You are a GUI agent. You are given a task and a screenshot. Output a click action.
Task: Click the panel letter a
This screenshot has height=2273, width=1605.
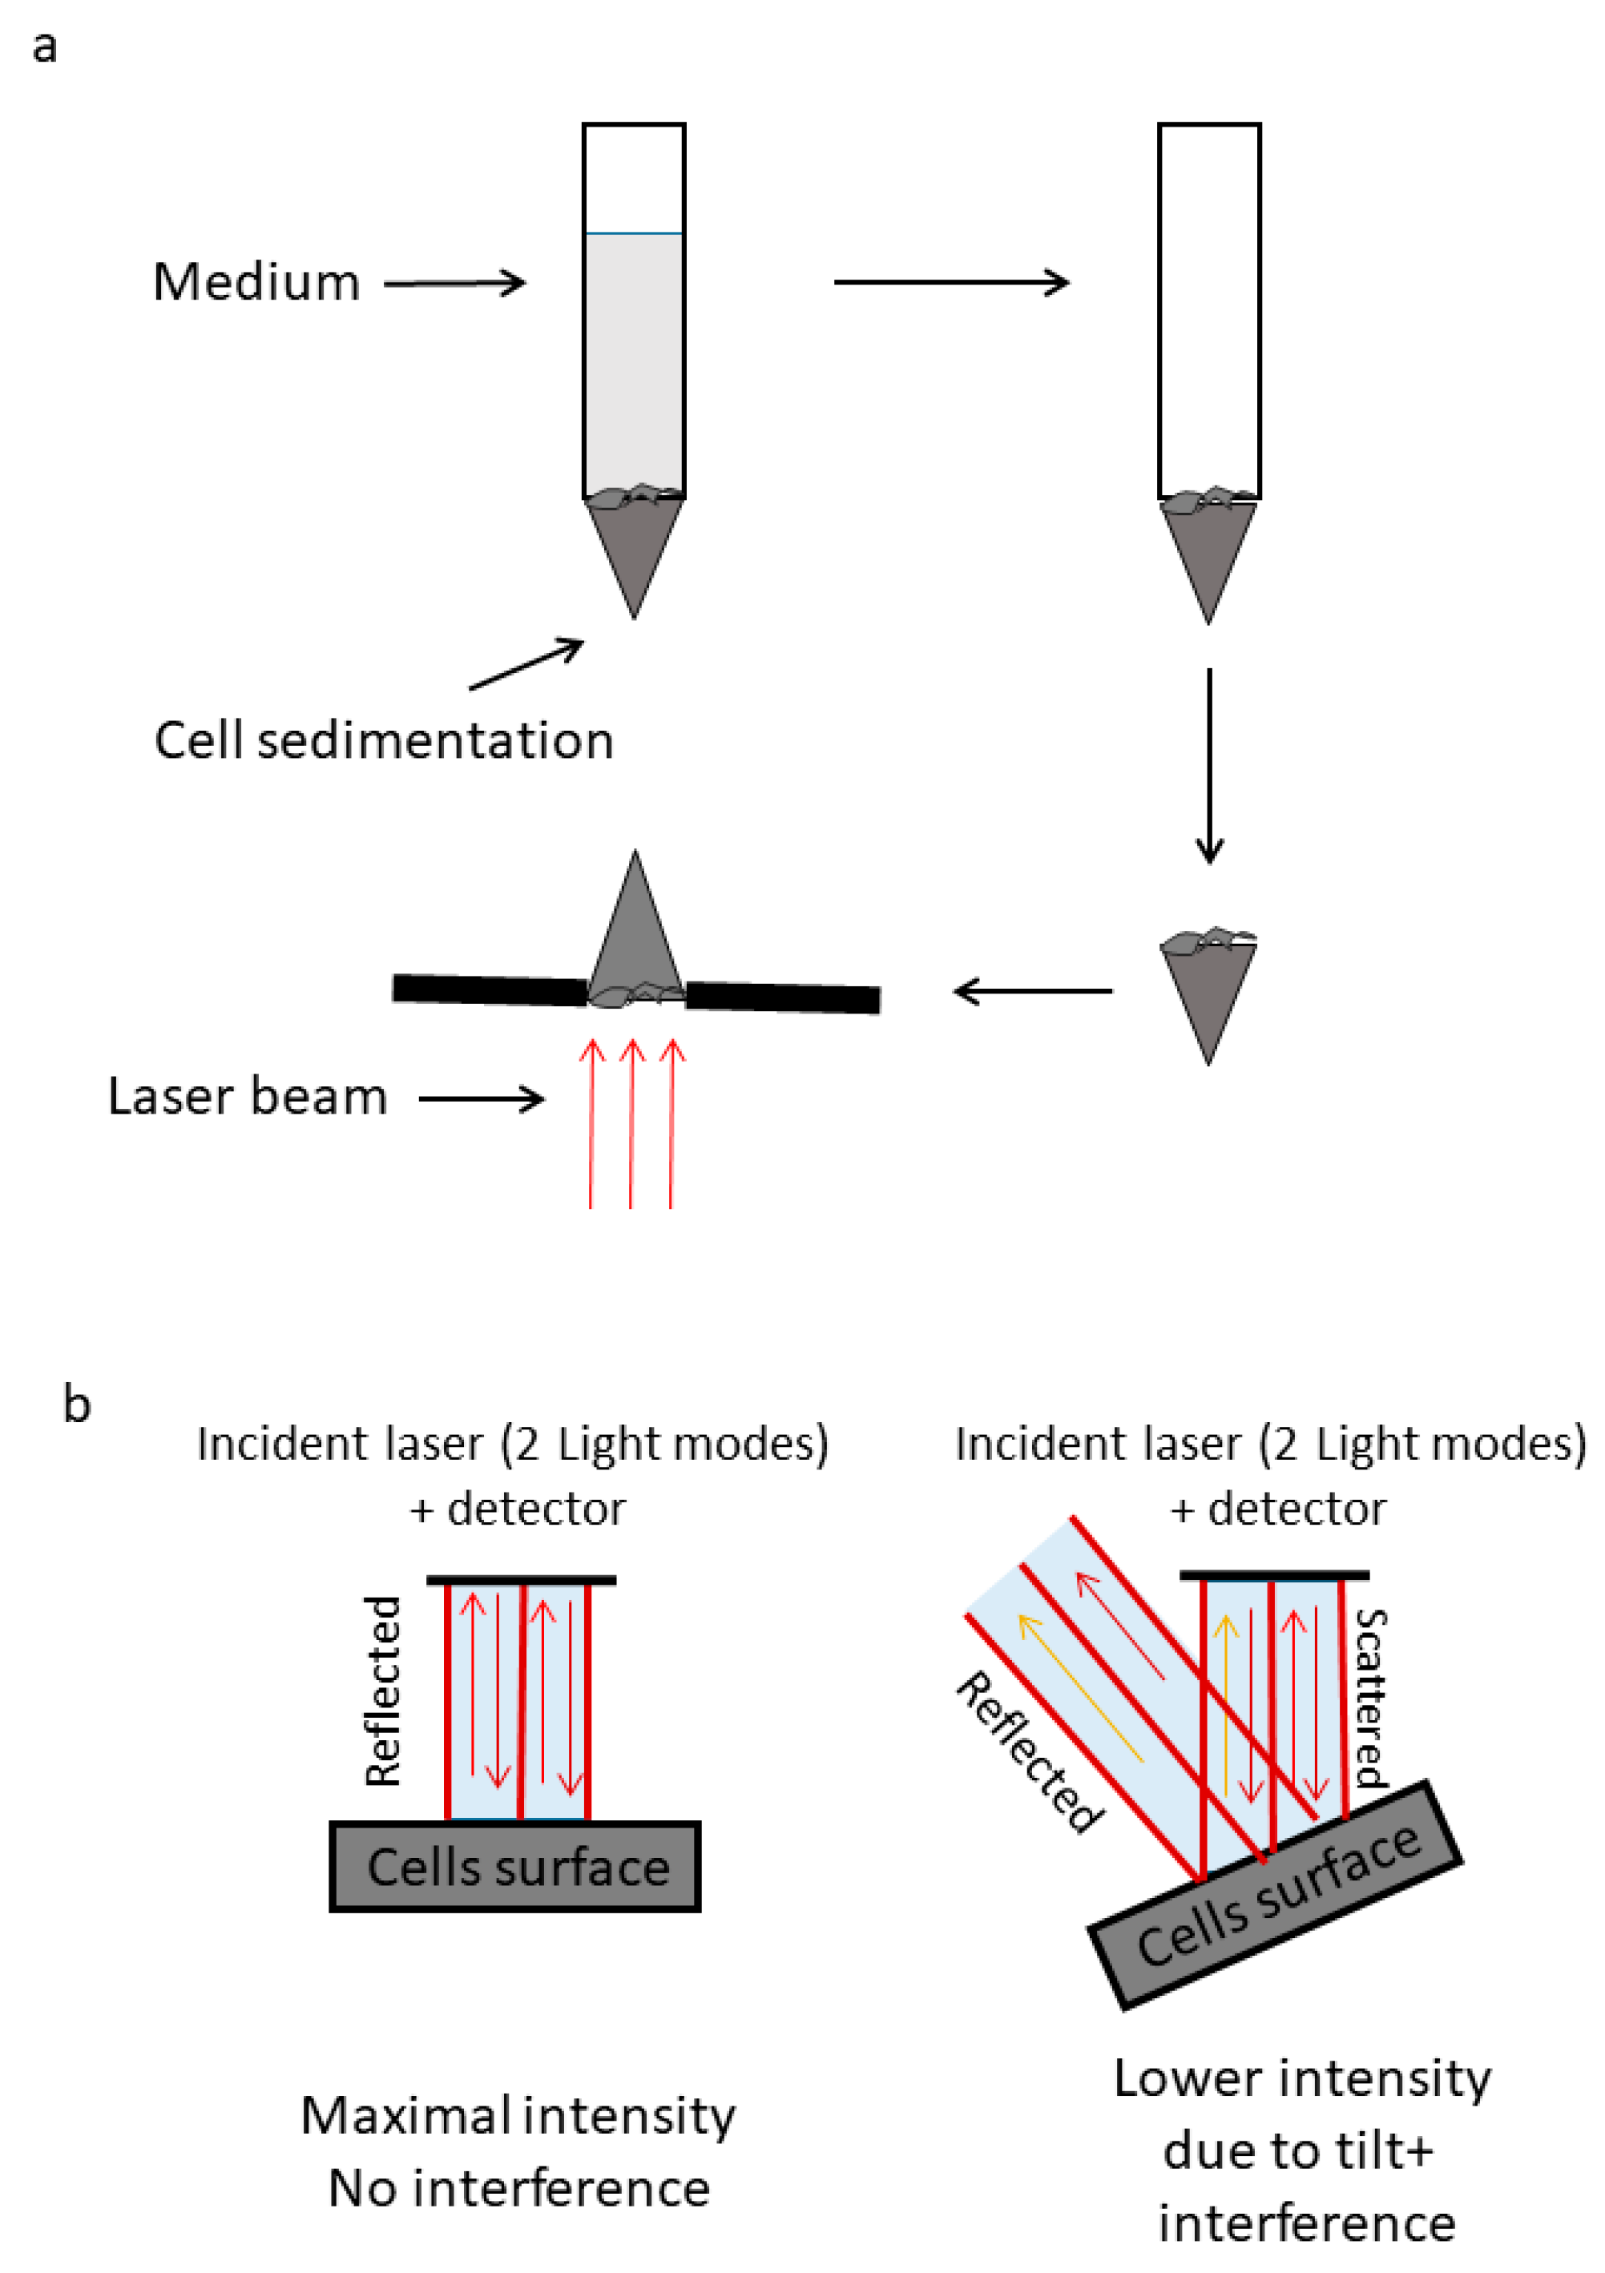[45, 47]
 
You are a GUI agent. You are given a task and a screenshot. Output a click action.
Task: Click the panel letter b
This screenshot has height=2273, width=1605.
[76, 1404]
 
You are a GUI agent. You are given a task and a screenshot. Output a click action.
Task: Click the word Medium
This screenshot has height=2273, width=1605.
[256, 282]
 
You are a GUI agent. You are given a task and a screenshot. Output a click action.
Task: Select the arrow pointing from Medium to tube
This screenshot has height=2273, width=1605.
[454, 283]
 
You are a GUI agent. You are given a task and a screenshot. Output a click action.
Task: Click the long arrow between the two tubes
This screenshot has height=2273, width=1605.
[950, 282]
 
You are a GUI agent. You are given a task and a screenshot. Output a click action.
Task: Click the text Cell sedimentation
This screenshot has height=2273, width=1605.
[383, 740]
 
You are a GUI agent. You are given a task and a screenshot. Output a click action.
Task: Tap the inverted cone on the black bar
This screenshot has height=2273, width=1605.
[635, 925]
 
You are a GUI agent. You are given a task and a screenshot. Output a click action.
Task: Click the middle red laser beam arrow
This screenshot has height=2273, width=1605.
[631, 1123]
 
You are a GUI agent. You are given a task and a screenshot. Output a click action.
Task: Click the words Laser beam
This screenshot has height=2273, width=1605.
[247, 1097]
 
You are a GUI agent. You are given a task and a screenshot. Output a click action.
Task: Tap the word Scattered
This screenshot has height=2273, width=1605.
[1370, 1698]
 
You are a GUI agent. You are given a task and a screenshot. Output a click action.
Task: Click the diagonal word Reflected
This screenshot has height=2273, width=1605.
[1030, 1752]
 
